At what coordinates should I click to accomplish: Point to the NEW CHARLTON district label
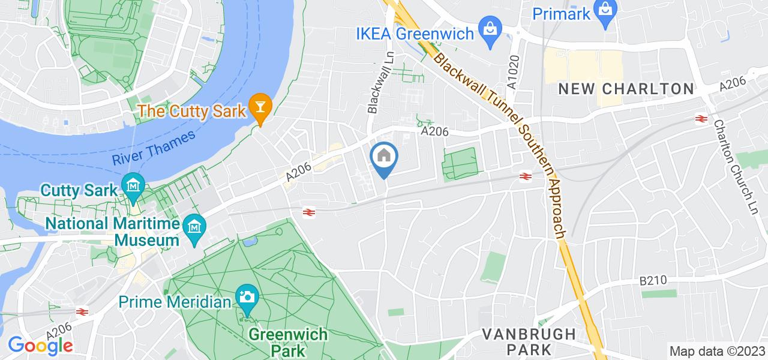pyautogui.click(x=626, y=89)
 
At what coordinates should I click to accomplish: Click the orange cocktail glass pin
pyautogui.click(x=261, y=106)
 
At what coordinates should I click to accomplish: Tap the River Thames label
pyautogui.click(x=154, y=148)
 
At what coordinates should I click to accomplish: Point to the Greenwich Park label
pyautogui.click(x=289, y=341)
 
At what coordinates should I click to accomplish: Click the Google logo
pyautogui.click(x=40, y=346)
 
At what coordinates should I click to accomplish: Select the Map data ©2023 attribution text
pyautogui.click(x=718, y=352)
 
